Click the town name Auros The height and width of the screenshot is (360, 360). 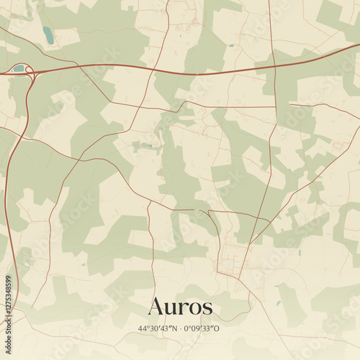tap(180, 307)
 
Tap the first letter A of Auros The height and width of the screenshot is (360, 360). tap(156, 307)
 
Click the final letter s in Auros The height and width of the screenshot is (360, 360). tap(208, 308)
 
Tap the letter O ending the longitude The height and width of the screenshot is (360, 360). tap(222, 328)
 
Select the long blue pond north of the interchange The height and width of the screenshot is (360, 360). tap(48, 35)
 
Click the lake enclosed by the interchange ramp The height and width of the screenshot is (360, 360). tap(19, 69)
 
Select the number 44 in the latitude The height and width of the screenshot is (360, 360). tap(142, 328)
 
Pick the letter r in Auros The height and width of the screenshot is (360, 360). tap(183, 308)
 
